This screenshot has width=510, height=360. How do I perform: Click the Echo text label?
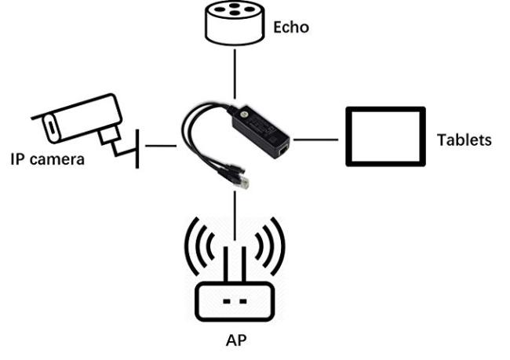[291, 27]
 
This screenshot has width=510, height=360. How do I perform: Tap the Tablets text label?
[464, 140]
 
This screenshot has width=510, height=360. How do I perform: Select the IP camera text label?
[48, 159]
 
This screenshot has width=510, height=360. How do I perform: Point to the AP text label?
[236, 340]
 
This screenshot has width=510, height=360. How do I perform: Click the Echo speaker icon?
[234, 23]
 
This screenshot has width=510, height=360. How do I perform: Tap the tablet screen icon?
[385, 136]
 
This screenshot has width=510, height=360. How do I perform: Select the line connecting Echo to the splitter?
[235, 75]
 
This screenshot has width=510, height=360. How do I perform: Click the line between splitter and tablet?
[316, 140]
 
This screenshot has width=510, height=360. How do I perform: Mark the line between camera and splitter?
[161, 146]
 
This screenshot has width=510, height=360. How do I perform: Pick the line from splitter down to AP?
[235, 216]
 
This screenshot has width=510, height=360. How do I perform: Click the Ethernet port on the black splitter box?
[283, 151]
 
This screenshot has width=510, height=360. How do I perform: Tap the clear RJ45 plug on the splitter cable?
[242, 181]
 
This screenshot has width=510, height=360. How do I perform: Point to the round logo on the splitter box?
[242, 115]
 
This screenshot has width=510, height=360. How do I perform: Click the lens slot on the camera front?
[51, 126]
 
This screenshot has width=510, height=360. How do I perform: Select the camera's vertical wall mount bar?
[137, 148]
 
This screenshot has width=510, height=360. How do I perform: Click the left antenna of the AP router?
[227, 265]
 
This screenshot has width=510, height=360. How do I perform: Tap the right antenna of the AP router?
[243, 265]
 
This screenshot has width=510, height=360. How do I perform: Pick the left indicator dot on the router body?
[227, 301]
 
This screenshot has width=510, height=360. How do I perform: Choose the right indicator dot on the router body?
[242, 301]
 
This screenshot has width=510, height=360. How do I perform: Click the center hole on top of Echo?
[234, 13]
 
